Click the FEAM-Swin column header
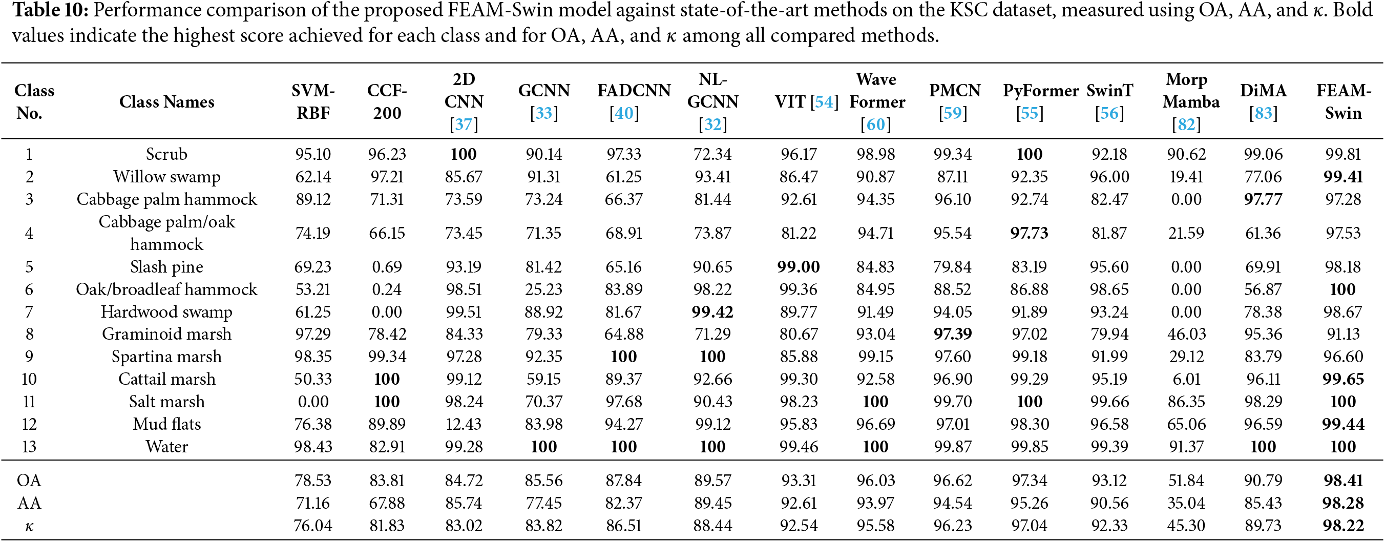(x=1342, y=101)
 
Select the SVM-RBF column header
(x=313, y=101)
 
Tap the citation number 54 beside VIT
(x=824, y=101)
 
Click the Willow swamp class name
(x=166, y=177)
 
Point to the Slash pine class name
(x=166, y=267)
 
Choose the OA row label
(x=29, y=480)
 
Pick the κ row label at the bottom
(x=29, y=526)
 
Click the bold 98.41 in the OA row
(x=1343, y=480)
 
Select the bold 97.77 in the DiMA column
(x=1263, y=199)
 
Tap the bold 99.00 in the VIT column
(x=799, y=267)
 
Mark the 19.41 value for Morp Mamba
(x=1186, y=177)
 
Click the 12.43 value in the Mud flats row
(x=464, y=424)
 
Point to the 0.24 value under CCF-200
(x=387, y=290)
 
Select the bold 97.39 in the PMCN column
(x=953, y=334)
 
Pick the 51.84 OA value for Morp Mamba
(x=1186, y=480)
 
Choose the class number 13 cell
(x=29, y=447)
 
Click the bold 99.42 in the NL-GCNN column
(x=712, y=312)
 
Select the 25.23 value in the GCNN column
(x=543, y=290)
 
